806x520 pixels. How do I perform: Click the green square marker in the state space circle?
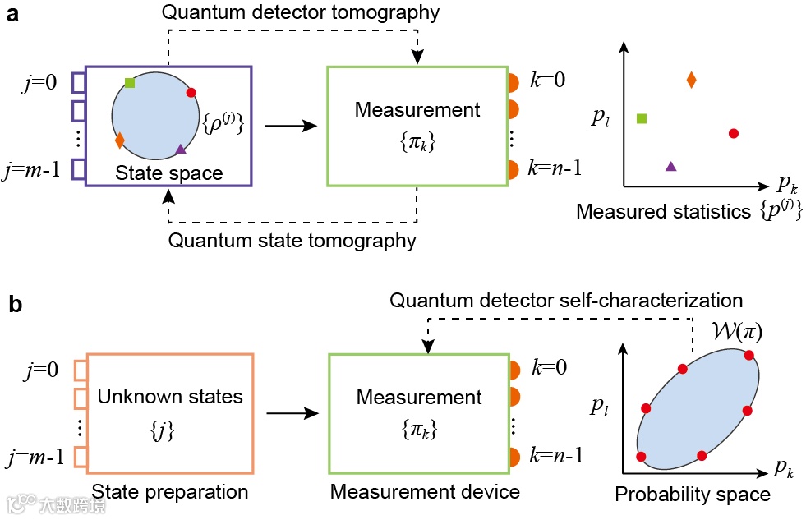[130, 82]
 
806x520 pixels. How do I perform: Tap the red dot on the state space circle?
[191, 93]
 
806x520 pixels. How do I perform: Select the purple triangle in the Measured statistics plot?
[670, 166]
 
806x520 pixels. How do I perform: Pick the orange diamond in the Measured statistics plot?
[691, 80]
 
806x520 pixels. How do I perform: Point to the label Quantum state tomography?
[292, 241]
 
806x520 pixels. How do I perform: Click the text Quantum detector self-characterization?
[566, 301]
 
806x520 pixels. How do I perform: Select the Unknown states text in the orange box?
[170, 397]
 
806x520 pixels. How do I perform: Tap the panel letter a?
[12, 15]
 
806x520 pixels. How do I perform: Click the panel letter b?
[14, 305]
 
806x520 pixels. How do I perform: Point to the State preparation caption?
[170, 491]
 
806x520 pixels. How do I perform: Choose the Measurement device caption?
[425, 491]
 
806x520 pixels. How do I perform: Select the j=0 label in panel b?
[42, 371]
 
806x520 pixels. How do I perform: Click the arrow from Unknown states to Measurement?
[289, 413]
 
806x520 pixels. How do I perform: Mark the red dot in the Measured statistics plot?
[734, 133]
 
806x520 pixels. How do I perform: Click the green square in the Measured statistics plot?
[642, 118]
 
